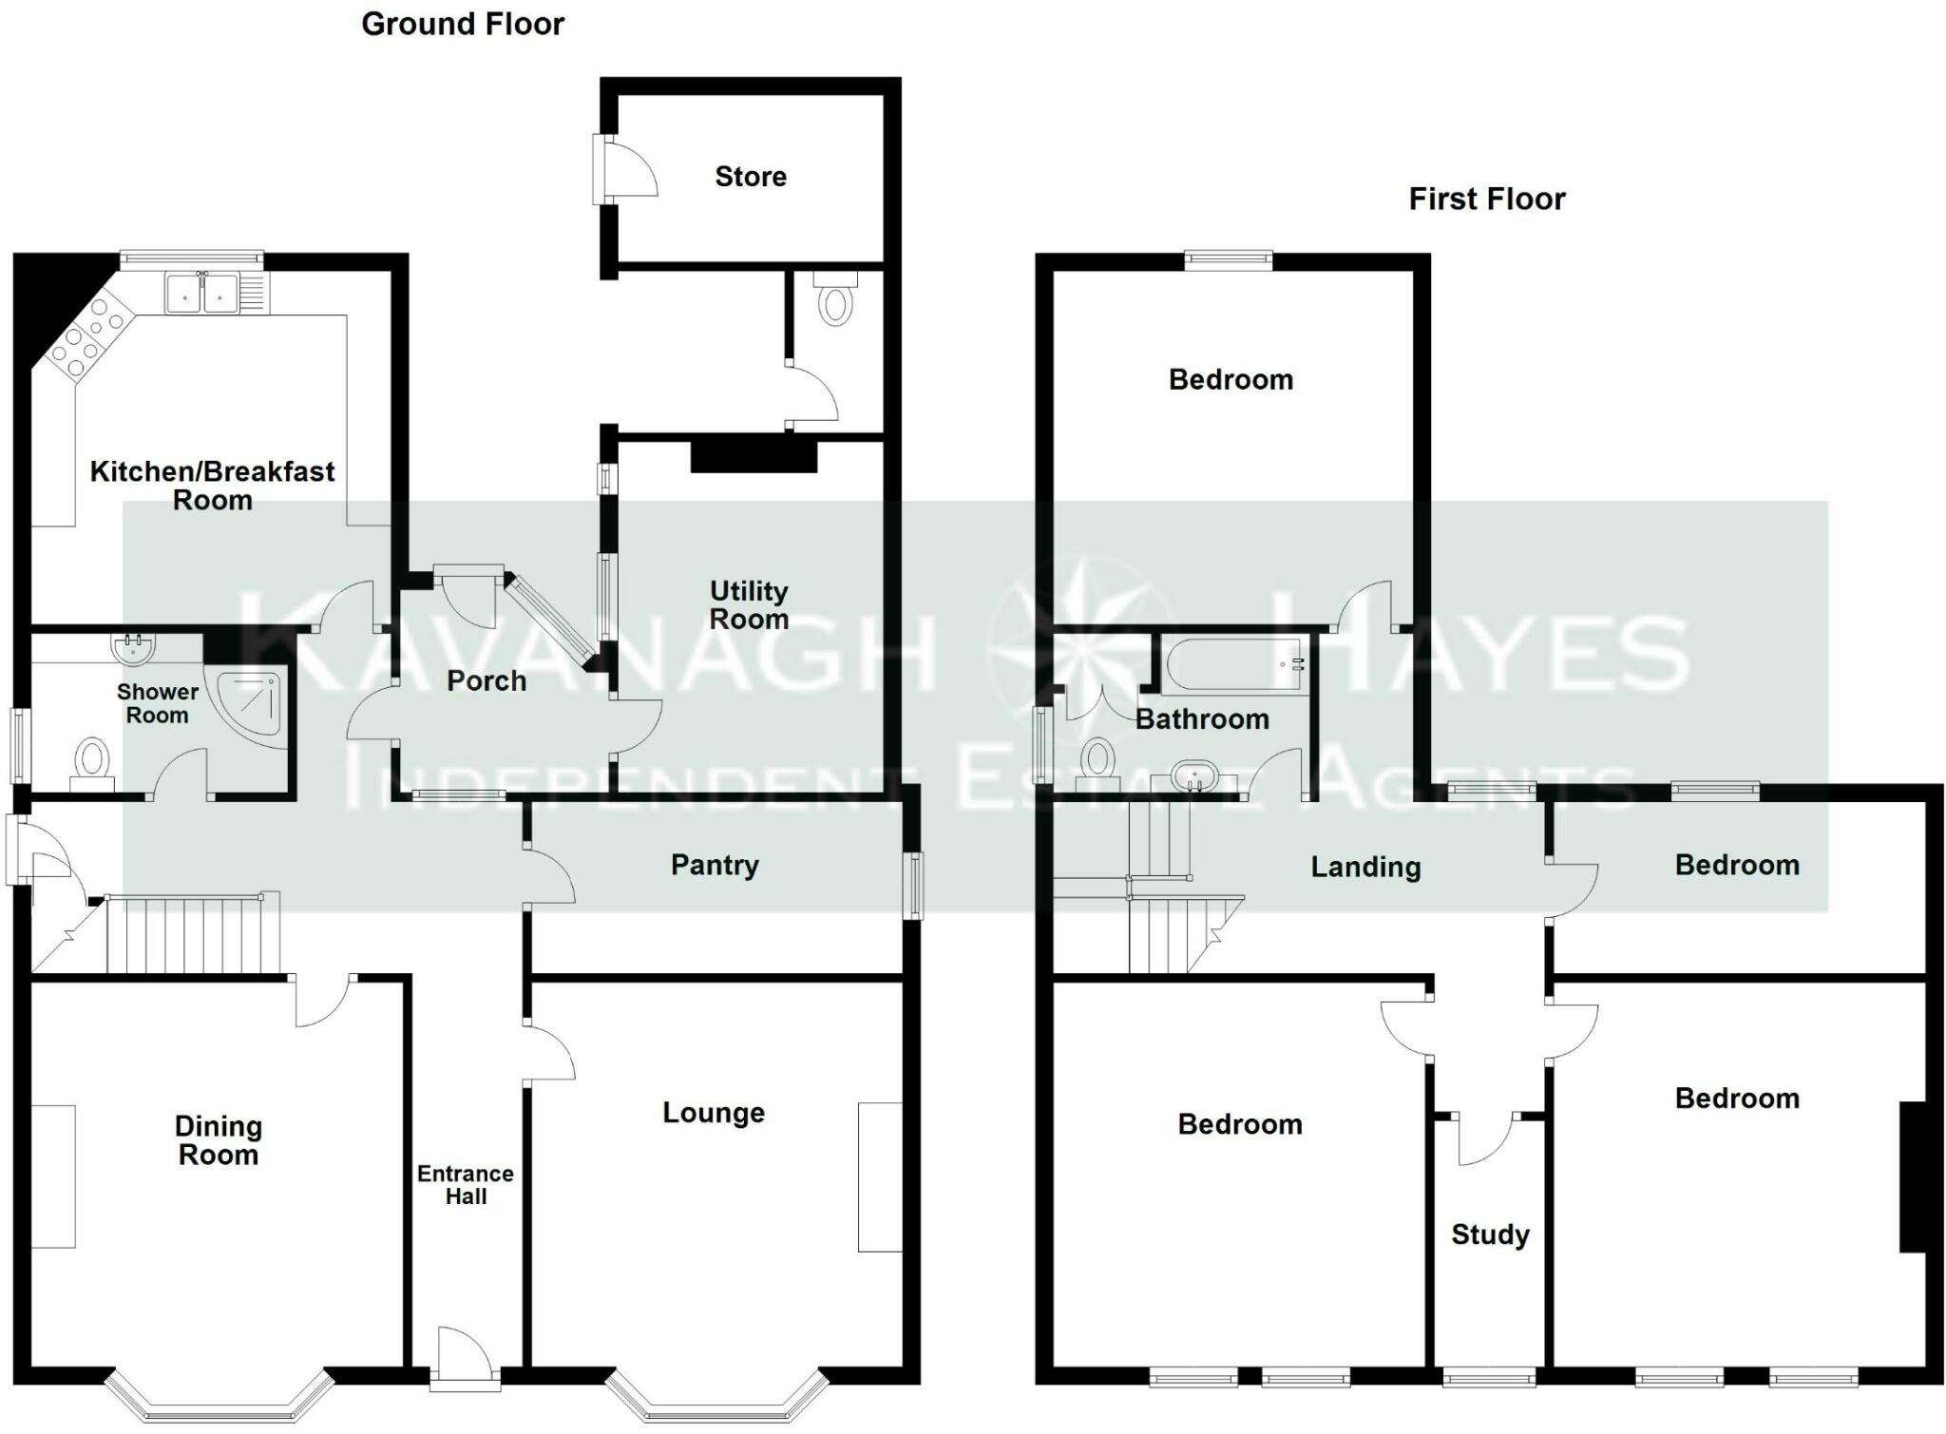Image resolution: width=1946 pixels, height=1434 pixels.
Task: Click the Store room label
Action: point(750,177)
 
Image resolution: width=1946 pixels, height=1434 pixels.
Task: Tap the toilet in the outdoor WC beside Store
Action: point(835,301)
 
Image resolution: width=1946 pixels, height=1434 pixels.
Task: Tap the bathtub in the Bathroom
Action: point(1233,664)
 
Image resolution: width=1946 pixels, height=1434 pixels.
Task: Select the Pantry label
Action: point(715,865)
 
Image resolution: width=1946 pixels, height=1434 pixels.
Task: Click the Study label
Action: point(1490,1234)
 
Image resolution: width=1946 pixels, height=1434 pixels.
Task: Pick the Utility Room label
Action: point(749,605)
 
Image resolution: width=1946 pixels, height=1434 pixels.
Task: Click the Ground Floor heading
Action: point(463,24)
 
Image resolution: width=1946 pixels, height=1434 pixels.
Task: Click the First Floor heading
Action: point(1486,199)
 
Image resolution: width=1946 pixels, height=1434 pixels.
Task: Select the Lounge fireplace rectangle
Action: point(880,1176)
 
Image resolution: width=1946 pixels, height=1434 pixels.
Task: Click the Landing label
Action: point(1365,867)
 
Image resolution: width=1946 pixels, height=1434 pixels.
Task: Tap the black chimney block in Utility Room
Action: point(754,455)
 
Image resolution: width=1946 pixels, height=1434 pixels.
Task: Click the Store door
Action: point(627,169)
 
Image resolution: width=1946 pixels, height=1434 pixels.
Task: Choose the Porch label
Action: point(486,681)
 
